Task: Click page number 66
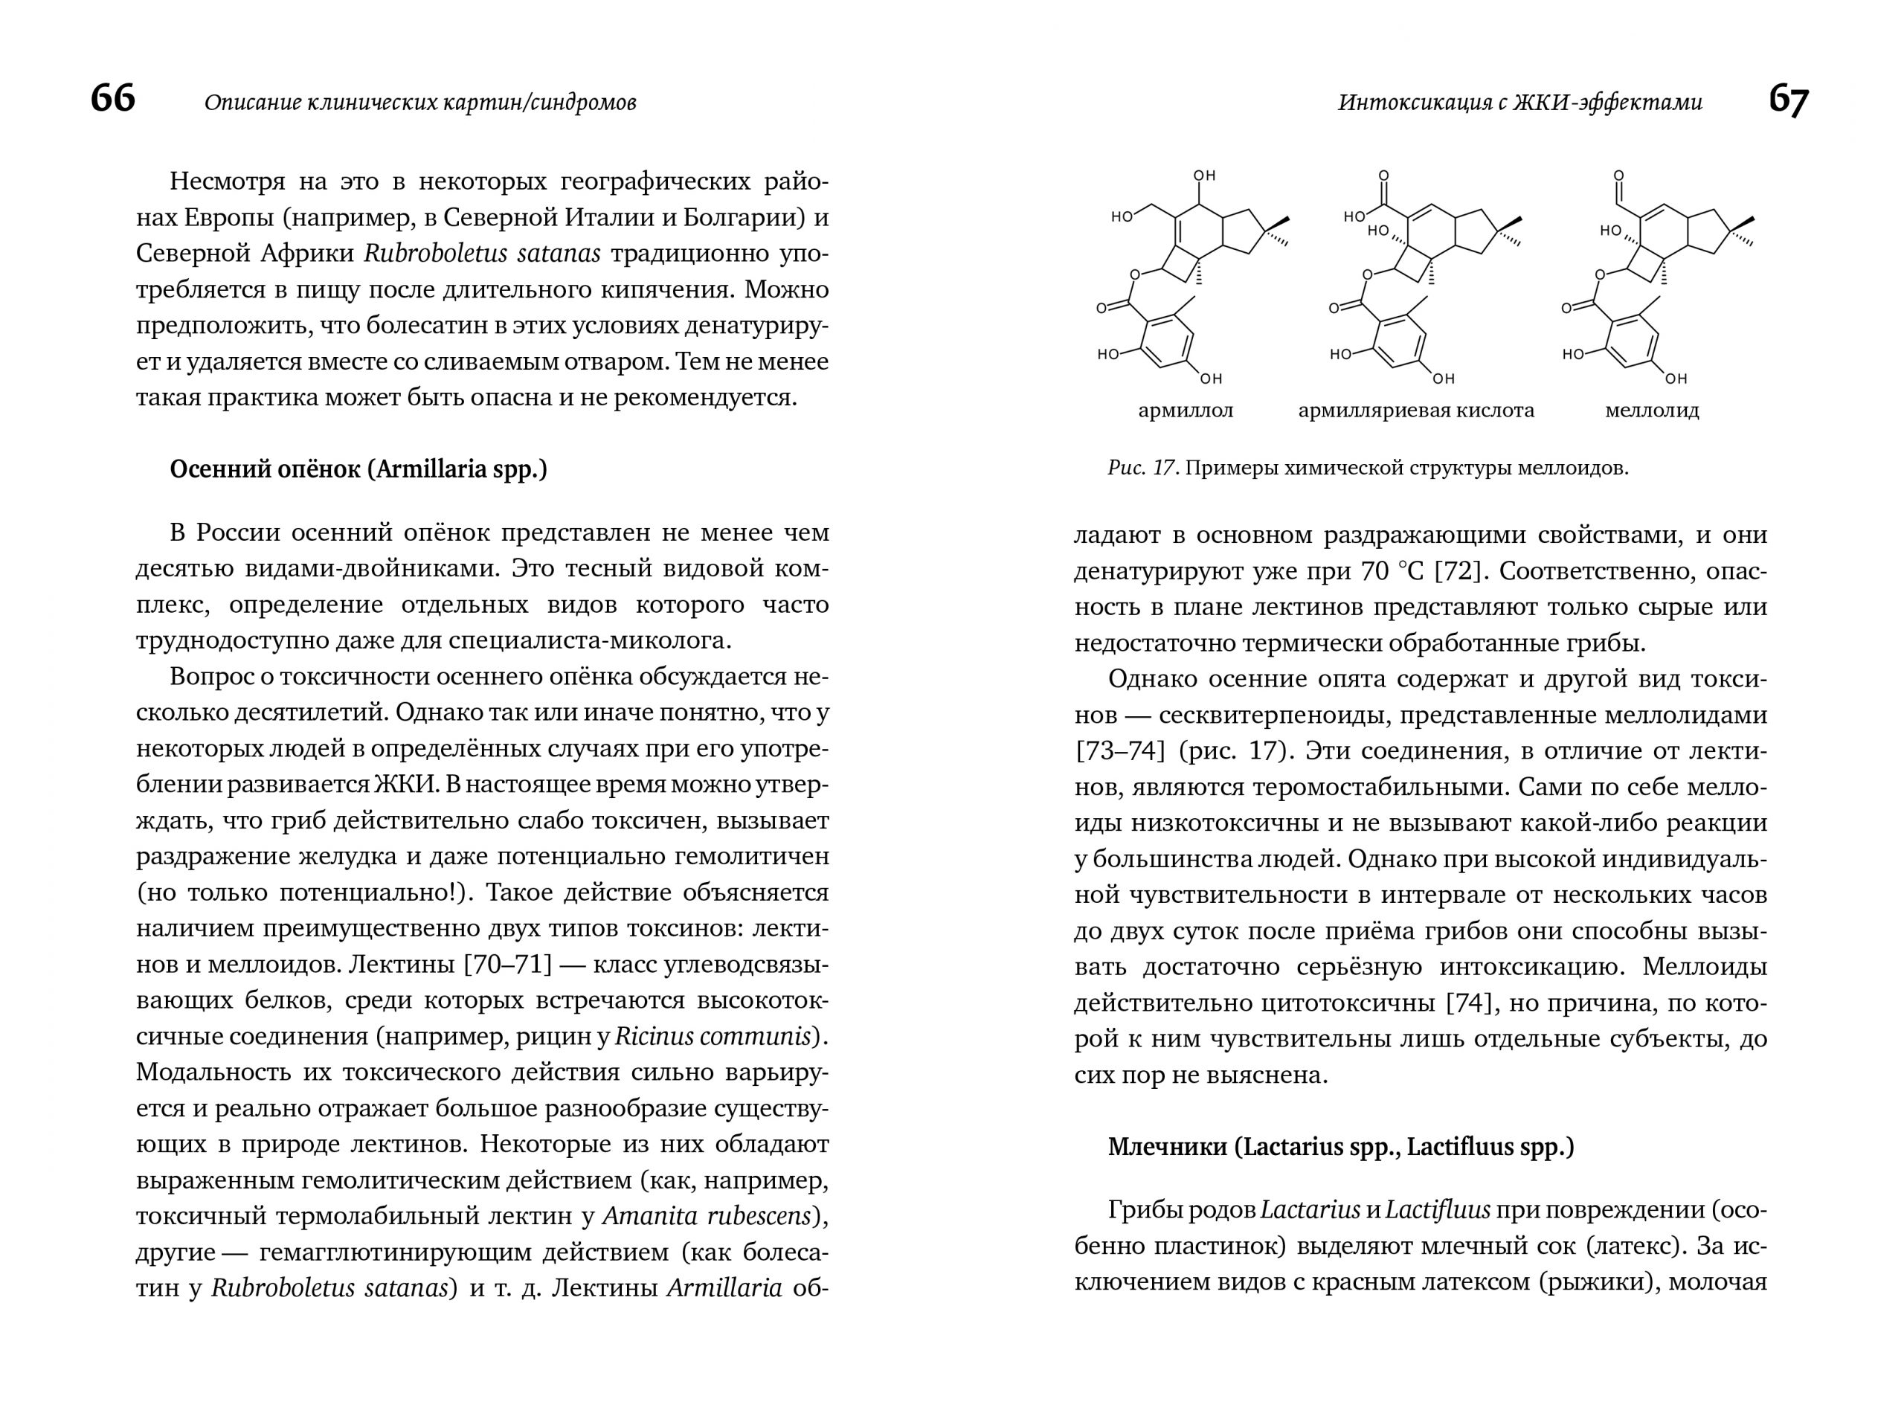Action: pyautogui.click(x=113, y=99)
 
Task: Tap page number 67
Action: pyautogui.click(x=1789, y=100)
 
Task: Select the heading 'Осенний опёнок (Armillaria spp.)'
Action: pyautogui.click(x=358, y=469)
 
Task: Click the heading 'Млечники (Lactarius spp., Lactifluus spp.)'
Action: pyautogui.click(x=1340, y=1148)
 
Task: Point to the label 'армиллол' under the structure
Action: pyautogui.click(x=1186, y=411)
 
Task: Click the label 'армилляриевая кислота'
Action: pyautogui.click(x=1416, y=411)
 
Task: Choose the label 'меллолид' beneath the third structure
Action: pyautogui.click(x=1652, y=411)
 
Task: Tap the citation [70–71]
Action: pyautogui.click(x=507, y=964)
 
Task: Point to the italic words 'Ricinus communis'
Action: pyautogui.click(x=713, y=1036)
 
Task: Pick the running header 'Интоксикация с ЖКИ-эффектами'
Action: pyautogui.click(x=1519, y=103)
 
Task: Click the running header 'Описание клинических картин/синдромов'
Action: pyautogui.click(x=420, y=103)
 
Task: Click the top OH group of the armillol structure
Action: pyautogui.click(x=1204, y=176)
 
